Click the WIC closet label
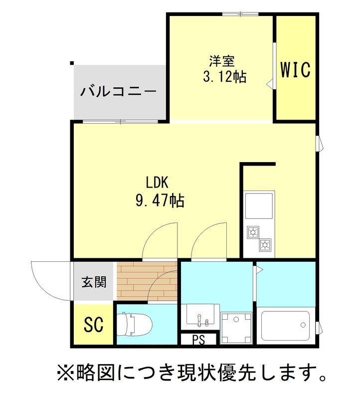click(x=295, y=70)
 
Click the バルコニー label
click(x=119, y=92)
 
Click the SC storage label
click(x=93, y=325)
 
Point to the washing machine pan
click(x=237, y=328)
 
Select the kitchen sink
click(x=259, y=205)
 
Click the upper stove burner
click(x=253, y=232)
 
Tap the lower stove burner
click(x=265, y=244)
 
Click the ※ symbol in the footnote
click(x=65, y=372)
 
